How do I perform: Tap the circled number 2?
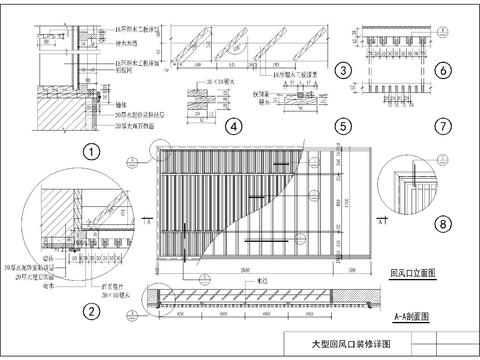coord(90,310)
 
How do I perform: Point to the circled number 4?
coord(232,127)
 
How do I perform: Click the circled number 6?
coord(442,70)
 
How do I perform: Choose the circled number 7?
coord(442,127)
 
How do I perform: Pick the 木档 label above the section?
coord(263,281)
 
